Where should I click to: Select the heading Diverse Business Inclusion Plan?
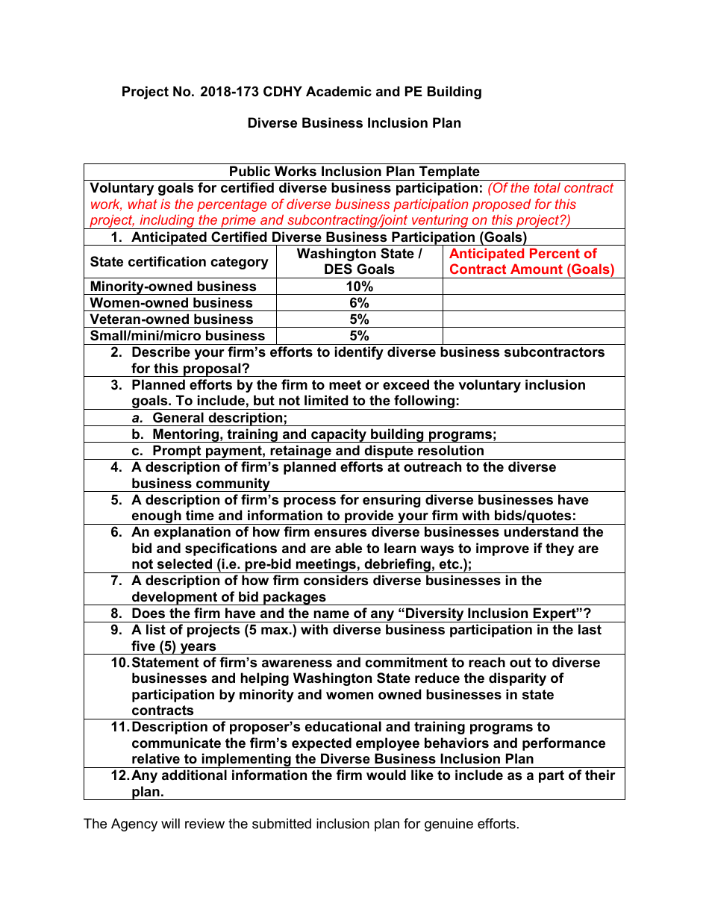click(354, 123)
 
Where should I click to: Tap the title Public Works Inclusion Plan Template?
click(354, 172)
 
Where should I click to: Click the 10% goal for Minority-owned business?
click(359, 287)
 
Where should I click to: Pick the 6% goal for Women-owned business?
click(359, 303)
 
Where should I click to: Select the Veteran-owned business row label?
click(172, 319)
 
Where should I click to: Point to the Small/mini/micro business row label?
click(177, 336)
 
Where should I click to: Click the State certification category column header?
click(179, 262)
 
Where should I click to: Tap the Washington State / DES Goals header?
click(359, 261)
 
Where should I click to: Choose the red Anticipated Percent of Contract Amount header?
click(532, 261)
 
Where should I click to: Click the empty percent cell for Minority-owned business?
click(533, 287)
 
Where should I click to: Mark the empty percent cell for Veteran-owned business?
click(533, 319)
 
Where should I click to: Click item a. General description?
click(219, 418)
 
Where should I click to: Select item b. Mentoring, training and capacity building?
click(324, 434)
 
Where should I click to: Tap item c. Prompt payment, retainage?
click(318, 451)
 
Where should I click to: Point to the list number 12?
click(119, 775)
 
